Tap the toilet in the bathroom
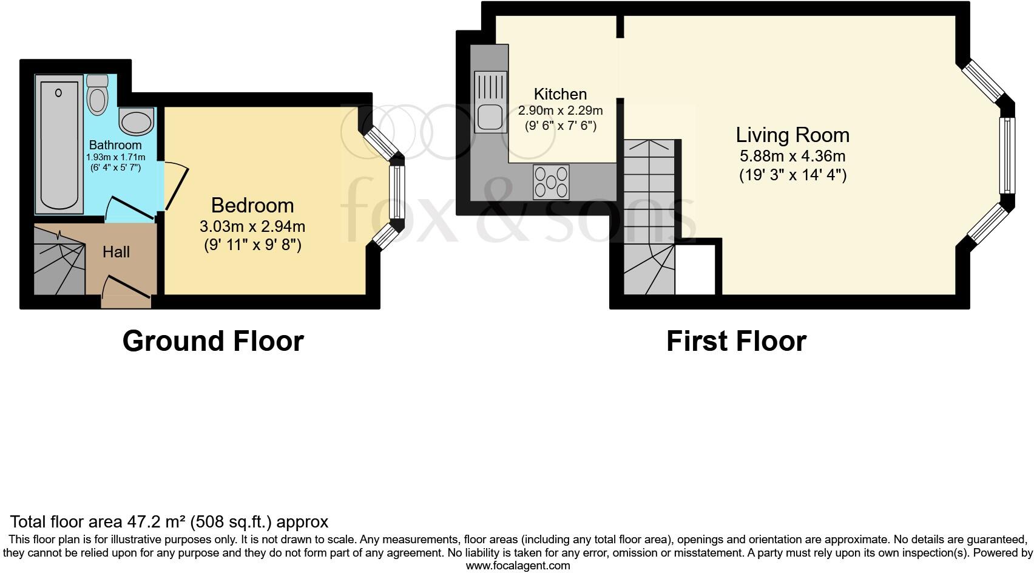click(x=97, y=95)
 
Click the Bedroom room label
click(x=252, y=205)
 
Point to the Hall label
click(x=116, y=252)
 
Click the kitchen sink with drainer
click(x=490, y=101)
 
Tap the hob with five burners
click(x=551, y=181)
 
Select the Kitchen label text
click(x=560, y=94)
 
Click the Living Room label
click(x=792, y=135)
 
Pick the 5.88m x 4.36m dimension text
click(x=792, y=156)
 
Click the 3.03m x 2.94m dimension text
click(x=252, y=226)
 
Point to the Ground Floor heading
click(x=213, y=341)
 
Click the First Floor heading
click(x=736, y=341)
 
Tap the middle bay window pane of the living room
click(x=1007, y=155)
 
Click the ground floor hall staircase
click(x=59, y=261)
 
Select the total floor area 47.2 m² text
click(x=169, y=521)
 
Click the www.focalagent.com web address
click(x=518, y=566)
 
